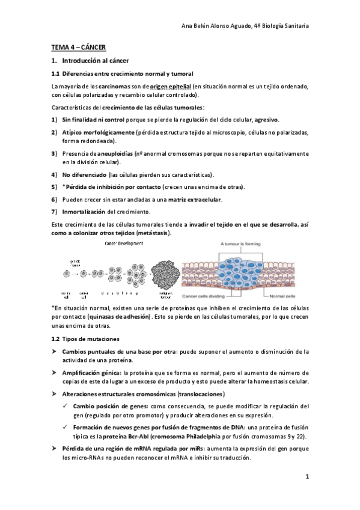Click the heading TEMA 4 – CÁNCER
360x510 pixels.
point(79,47)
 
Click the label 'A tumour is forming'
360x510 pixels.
point(242,244)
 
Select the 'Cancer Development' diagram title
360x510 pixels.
point(124,244)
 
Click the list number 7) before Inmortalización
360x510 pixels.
point(54,211)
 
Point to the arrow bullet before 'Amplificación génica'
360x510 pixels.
point(55,372)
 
